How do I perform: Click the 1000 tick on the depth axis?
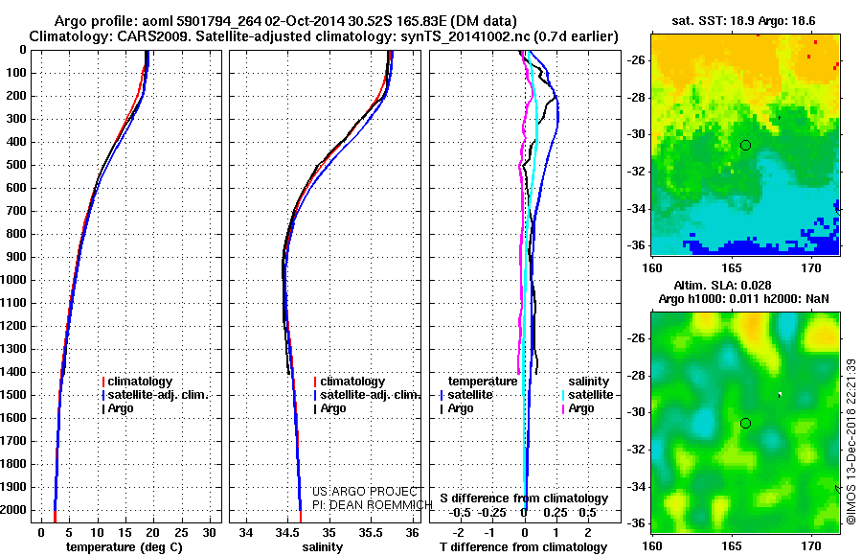(x=17, y=281)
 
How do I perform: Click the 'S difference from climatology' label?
(x=524, y=498)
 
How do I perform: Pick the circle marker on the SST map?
(x=746, y=145)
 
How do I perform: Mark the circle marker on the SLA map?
(x=746, y=423)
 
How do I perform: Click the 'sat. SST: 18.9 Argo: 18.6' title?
(x=744, y=20)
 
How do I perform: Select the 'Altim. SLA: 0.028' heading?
(x=744, y=287)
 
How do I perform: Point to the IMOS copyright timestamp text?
(x=851, y=442)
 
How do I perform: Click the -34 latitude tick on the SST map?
(x=637, y=208)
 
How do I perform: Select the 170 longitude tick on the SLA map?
(x=812, y=544)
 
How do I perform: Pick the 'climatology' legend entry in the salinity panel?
(x=352, y=382)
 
